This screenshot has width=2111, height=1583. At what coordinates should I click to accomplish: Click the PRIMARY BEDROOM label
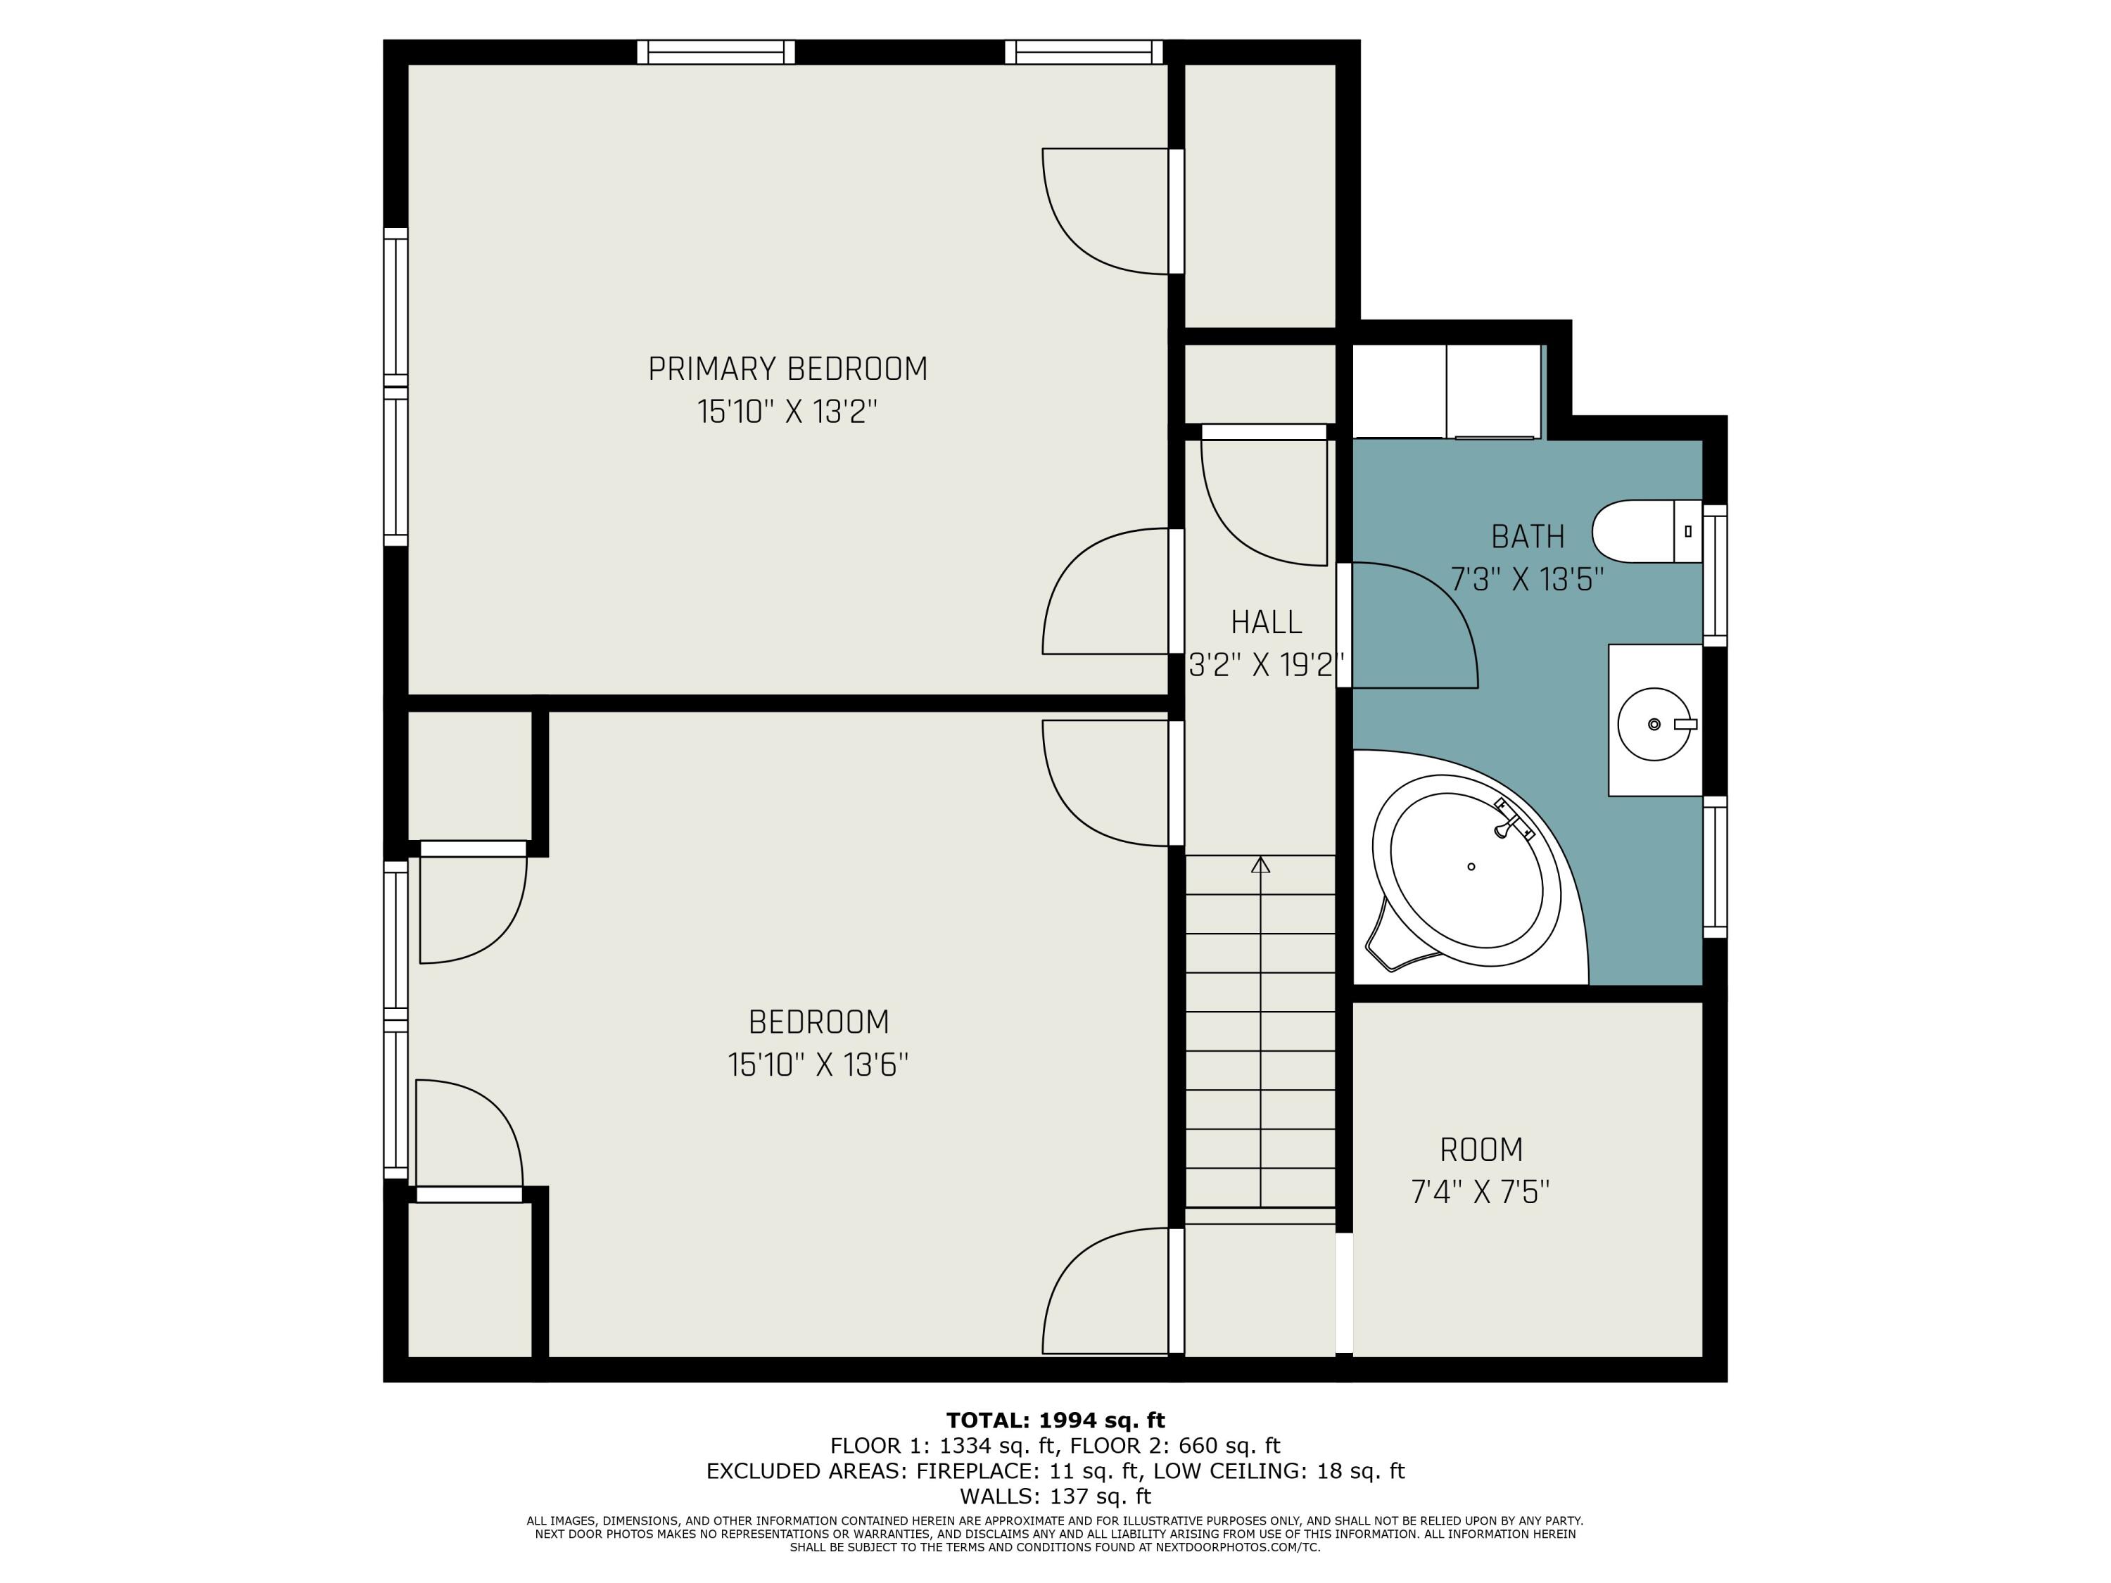[787, 369]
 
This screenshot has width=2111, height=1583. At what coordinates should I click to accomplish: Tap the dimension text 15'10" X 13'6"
[818, 1065]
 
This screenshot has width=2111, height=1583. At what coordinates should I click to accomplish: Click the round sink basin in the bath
[1654, 724]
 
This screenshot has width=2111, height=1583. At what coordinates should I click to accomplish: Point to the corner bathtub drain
[1471, 866]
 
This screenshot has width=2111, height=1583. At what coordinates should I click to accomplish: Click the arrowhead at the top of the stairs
[1261, 865]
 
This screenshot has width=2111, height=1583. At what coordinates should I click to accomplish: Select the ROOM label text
[1481, 1150]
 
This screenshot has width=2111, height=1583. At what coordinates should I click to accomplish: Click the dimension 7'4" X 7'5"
[1481, 1192]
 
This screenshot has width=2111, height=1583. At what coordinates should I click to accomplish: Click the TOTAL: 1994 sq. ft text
[1055, 1420]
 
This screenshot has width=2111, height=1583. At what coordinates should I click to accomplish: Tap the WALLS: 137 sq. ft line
[1055, 1496]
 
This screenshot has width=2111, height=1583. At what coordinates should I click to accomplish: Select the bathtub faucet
[1511, 820]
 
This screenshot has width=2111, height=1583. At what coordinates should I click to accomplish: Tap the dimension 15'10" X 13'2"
[787, 412]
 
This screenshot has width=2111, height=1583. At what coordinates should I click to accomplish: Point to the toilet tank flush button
[1688, 530]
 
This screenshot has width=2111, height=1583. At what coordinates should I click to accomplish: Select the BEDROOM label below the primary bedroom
[818, 1022]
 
